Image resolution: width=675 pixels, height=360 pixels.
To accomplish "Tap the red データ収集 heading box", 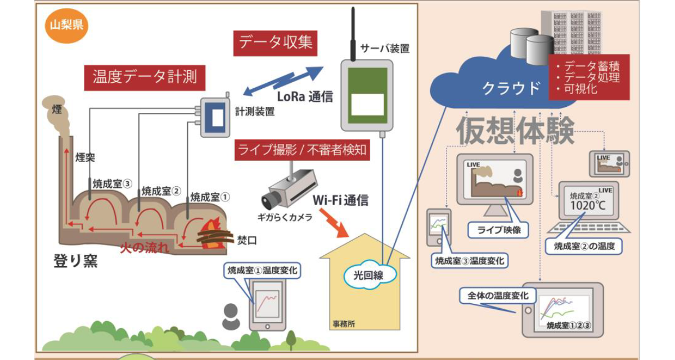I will click(276, 43).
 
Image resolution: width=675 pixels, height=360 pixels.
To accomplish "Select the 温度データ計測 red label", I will click(145, 77).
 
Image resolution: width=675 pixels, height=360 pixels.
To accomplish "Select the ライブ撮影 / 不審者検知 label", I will click(302, 150).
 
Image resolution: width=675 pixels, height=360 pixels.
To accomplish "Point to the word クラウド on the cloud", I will click(511, 88).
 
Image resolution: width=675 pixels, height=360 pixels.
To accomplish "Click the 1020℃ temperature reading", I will click(588, 206).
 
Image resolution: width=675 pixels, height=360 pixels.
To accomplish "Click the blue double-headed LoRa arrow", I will click(283, 82).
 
